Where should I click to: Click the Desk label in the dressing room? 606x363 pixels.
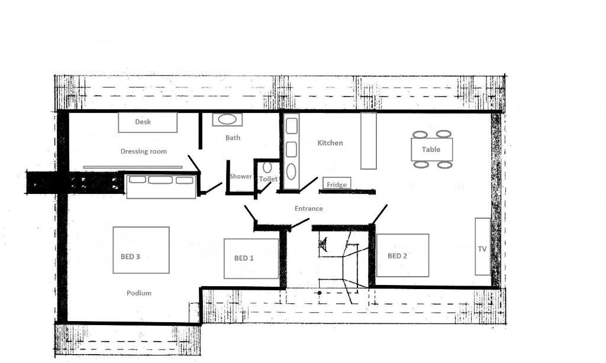[143, 122]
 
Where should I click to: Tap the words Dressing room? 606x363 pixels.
[144, 151]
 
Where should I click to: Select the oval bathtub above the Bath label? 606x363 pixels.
[227, 119]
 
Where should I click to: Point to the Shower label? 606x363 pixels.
[241, 176]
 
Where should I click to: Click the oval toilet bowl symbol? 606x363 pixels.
[267, 167]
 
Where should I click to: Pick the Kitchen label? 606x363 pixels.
[330, 143]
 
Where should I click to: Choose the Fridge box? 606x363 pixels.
[337, 184]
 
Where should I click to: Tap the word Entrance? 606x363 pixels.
[308, 209]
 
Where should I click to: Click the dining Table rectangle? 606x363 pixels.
[431, 149]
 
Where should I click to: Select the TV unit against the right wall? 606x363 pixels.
[483, 247]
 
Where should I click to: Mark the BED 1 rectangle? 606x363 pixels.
[251, 258]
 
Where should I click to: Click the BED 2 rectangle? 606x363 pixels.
[402, 255]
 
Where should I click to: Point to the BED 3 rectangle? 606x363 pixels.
[141, 250]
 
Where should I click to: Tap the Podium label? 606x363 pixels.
[139, 293]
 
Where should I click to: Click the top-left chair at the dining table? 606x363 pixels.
[420, 134]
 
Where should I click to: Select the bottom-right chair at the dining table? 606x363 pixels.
[445, 165]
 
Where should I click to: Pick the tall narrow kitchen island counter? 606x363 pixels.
[369, 141]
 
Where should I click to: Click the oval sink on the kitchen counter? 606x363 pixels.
[291, 171]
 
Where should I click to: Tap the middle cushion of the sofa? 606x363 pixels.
[160, 180]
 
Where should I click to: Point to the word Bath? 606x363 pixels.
[233, 138]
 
